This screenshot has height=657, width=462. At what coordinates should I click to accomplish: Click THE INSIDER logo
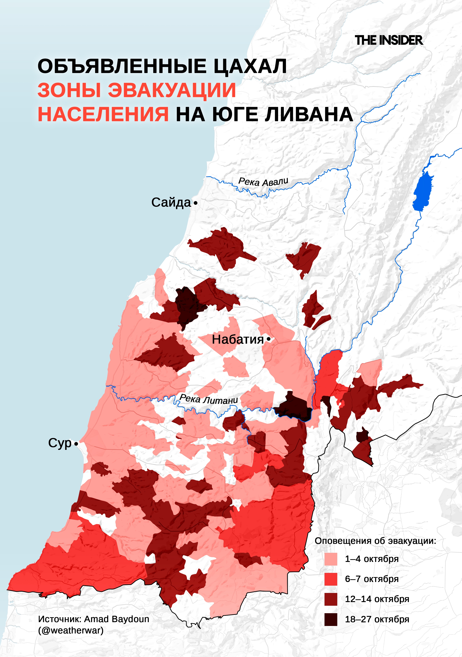388,40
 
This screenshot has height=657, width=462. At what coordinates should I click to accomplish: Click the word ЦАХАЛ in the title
250,66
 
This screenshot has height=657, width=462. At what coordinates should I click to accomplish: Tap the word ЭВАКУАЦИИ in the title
172,90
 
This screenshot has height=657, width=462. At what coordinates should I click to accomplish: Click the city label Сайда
171,203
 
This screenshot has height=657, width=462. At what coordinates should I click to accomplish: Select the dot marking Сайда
196,203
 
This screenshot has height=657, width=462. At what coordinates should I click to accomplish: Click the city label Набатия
238,340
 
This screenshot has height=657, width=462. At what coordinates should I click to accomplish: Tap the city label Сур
60,443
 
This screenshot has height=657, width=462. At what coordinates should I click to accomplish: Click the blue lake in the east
423,192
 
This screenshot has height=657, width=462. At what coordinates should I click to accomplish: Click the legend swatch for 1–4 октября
331,559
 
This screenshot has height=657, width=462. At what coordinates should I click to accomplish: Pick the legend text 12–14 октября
377,599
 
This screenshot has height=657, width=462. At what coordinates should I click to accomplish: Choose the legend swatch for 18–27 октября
331,619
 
